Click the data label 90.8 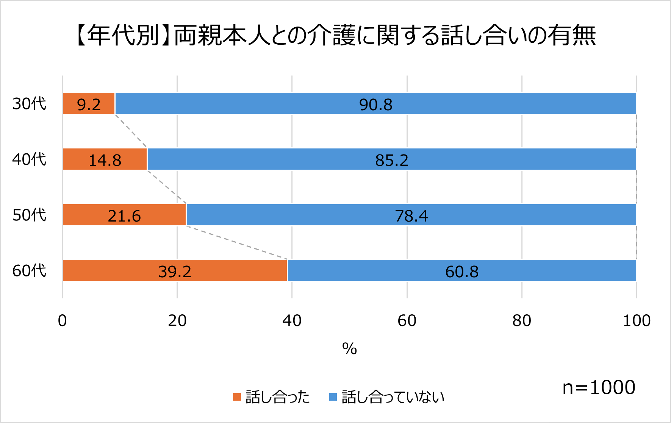click(375, 105)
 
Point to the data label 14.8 click(105, 160)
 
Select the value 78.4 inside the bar click(411, 216)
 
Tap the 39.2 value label click(175, 272)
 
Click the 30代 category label click(29, 104)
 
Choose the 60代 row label click(29, 271)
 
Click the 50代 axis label click(29, 215)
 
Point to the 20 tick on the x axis click(177, 321)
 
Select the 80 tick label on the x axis click(522, 321)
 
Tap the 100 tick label click(637, 321)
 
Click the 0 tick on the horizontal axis click(63, 321)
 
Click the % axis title click(349, 349)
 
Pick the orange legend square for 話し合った click(237, 397)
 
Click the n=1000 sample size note click(599, 388)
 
